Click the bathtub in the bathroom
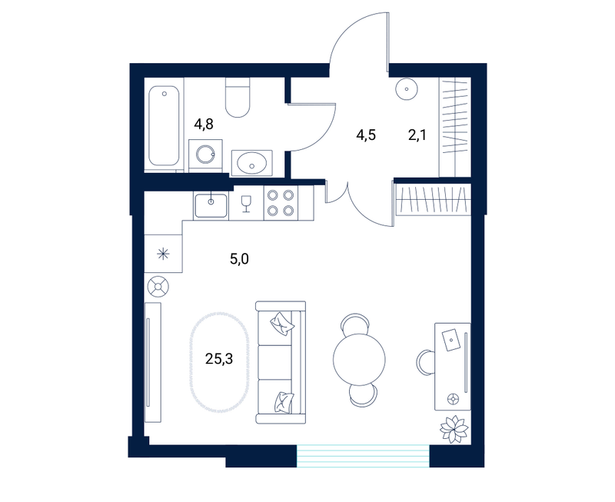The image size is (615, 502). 165,125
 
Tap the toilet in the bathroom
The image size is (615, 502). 238,98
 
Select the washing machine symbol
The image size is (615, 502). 205,155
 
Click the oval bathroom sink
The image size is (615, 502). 252,162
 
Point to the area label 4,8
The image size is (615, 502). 204,125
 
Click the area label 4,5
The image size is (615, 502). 366,135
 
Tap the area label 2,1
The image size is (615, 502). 417,135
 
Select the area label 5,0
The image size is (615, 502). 239,259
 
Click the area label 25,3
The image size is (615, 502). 219,358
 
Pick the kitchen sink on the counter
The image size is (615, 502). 211,205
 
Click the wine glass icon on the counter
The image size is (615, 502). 246,204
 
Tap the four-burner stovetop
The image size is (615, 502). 281,202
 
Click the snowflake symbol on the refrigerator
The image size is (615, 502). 163,254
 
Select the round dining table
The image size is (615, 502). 359,359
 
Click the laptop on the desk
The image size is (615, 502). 451,340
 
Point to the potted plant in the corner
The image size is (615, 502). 454,429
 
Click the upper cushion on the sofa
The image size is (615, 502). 282,324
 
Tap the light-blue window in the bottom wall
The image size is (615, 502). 363,456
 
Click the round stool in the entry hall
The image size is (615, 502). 407,89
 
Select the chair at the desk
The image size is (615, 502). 425,364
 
